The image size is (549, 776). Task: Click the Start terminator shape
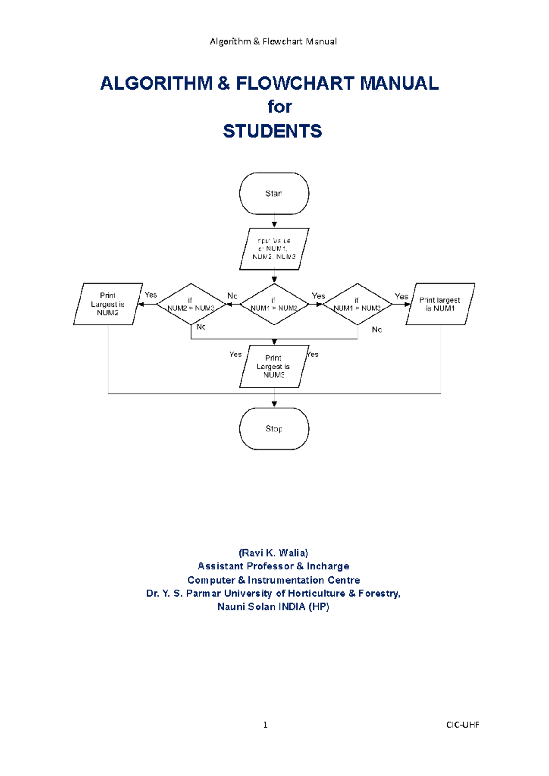pyautogui.click(x=274, y=193)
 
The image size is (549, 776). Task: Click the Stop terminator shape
pyautogui.click(x=274, y=429)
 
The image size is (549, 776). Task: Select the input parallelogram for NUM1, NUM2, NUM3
pyautogui.click(x=274, y=249)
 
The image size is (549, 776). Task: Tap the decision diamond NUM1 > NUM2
pyautogui.click(x=274, y=304)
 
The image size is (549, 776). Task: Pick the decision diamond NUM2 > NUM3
pyautogui.click(x=191, y=304)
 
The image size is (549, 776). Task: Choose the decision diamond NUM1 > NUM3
pyautogui.click(x=357, y=304)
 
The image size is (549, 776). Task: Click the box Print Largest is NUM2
pyautogui.click(x=108, y=304)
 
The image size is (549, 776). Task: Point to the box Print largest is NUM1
pyautogui.click(x=440, y=304)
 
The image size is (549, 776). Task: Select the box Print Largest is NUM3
pyautogui.click(x=274, y=367)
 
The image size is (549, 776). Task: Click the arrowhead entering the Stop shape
pyautogui.click(x=274, y=404)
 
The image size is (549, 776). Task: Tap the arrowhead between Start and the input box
pyautogui.click(x=274, y=224)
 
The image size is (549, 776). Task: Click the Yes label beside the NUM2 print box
pyautogui.click(x=151, y=295)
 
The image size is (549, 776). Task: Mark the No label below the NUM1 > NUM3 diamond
pyautogui.click(x=377, y=330)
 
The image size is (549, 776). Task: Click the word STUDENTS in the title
pyautogui.click(x=272, y=131)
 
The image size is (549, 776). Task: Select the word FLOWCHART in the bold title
pyautogui.click(x=295, y=83)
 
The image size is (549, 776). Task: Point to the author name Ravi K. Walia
pyautogui.click(x=274, y=553)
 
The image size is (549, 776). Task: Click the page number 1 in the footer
pyautogui.click(x=265, y=724)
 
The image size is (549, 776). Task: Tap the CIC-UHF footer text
pyautogui.click(x=463, y=724)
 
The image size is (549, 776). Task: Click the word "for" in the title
pyautogui.click(x=280, y=107)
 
